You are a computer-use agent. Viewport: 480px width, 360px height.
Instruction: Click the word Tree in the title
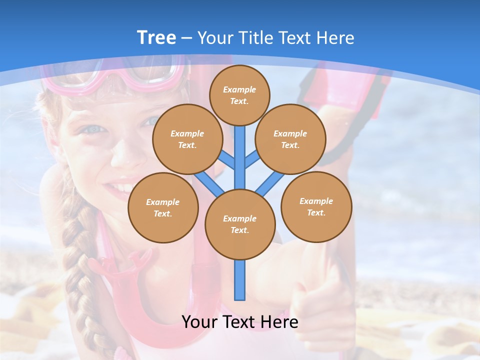[156, 38]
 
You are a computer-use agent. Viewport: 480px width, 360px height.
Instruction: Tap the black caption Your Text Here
[239, 322]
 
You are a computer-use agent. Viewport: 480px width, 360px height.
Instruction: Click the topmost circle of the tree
[239, 95]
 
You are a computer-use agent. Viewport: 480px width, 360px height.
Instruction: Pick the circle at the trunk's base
[240, 224]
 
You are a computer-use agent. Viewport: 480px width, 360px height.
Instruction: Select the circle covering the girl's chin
[163, 207]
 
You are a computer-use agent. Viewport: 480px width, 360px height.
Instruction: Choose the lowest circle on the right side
[316, 206]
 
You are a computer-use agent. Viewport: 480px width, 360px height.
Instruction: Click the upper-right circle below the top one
[290, 139]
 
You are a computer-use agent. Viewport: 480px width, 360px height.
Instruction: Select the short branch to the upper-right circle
[253, 160]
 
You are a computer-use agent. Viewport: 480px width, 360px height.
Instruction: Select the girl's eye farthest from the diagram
[95, 129]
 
